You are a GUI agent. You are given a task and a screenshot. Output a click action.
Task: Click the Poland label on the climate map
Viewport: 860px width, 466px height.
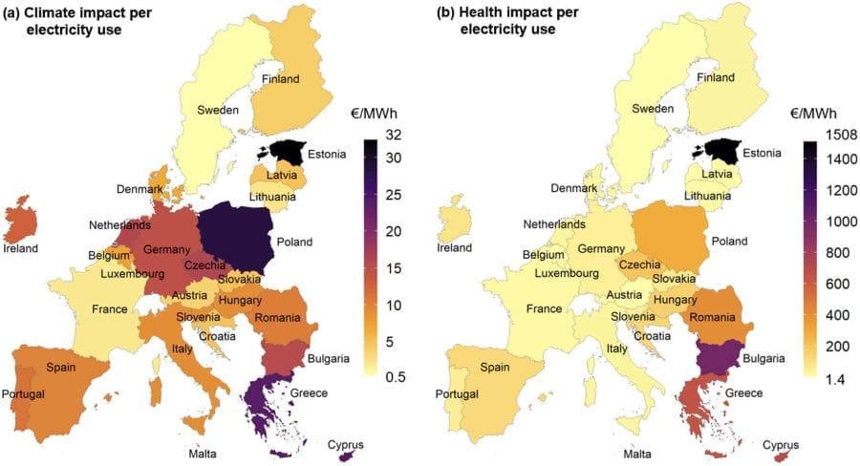pos(294,243)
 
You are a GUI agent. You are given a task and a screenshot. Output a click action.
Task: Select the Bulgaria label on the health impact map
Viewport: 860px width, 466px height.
pos(766,359)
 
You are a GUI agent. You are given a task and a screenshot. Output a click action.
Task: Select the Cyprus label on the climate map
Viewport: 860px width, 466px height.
pos(346,445)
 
